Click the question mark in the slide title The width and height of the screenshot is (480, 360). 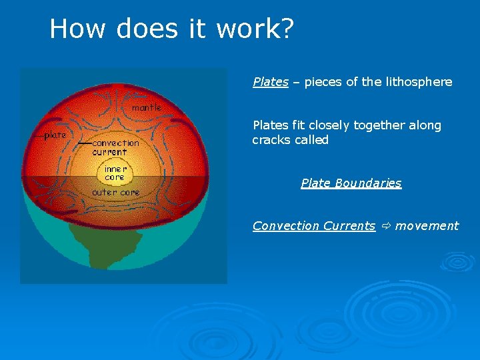pos(285,29)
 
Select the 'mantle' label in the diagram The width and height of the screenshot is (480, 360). pos(147,107)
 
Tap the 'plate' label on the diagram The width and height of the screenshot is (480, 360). pos(55,135)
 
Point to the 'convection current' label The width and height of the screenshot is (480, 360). pos(115,147)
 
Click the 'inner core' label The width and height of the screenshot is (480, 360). pos(115,173)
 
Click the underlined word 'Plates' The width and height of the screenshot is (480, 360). pos(271,82)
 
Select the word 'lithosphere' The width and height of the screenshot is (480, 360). pos(419,82)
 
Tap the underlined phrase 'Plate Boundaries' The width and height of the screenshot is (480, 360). pos(351,183)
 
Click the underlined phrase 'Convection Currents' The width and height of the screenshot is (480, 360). pos(314,226)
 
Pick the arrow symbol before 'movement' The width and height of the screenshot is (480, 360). pos(385,226)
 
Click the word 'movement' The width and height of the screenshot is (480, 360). pos(427,226)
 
